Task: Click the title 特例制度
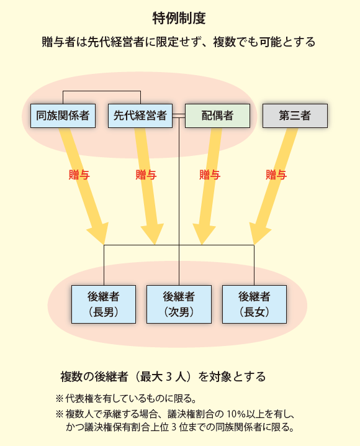[x=179, y=19]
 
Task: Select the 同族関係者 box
[x=63, y=116]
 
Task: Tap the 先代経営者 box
[x=140, y=116]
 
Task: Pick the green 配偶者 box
[x=217, y=116]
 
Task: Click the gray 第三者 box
[x=295, y=116]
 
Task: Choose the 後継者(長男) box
[x=104, y=304]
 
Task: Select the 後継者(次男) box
[x=179, y=304]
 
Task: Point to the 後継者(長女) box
[x=254, y=304]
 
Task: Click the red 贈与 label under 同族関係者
[x=79, y=175]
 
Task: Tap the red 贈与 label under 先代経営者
[x=146, y=175]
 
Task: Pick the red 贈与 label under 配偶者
[x=210, y=175]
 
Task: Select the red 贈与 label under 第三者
[x=276, y=175]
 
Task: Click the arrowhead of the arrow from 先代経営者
[x=153, y=234]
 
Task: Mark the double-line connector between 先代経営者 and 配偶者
[x=179, y=116]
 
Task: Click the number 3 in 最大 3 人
[x=169, y=377]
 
